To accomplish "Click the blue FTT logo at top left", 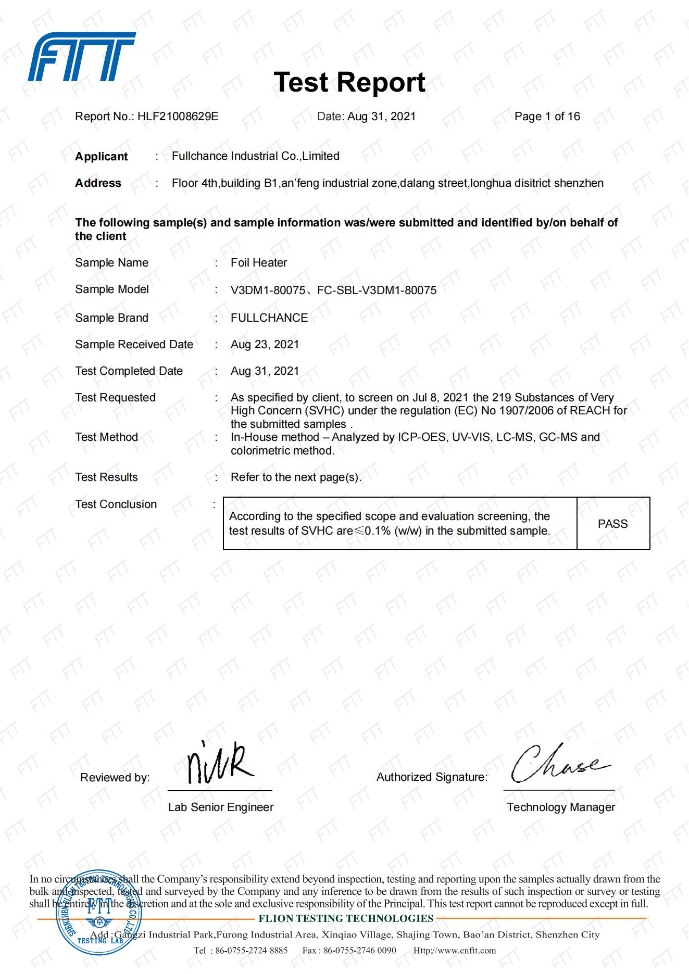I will [x=82, y=57].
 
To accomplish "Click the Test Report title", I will [x=349, y=82].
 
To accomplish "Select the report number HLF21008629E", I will [x=178, y=117].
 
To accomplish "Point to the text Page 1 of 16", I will [x=547, y=117].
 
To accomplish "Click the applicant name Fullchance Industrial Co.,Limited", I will [x=255, y=156].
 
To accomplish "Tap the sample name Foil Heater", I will [x=259, y=263].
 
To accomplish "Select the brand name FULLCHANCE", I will [x=269, y=318].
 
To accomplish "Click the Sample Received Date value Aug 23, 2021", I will [x=265, y=345].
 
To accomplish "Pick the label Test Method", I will [x=106, y=437].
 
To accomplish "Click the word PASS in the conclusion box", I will [x=613, y=524].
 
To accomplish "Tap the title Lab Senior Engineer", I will [x=220, y=807].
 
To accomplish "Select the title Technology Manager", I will [x=561, y=807].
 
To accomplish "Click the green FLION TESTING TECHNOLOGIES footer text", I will [x=346, y=919].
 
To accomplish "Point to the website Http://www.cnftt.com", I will [x=455, y=951].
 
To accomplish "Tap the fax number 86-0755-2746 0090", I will [x=359, y=951].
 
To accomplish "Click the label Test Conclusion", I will [x=116, y=504].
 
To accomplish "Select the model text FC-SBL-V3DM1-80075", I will [x=377, y=290].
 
